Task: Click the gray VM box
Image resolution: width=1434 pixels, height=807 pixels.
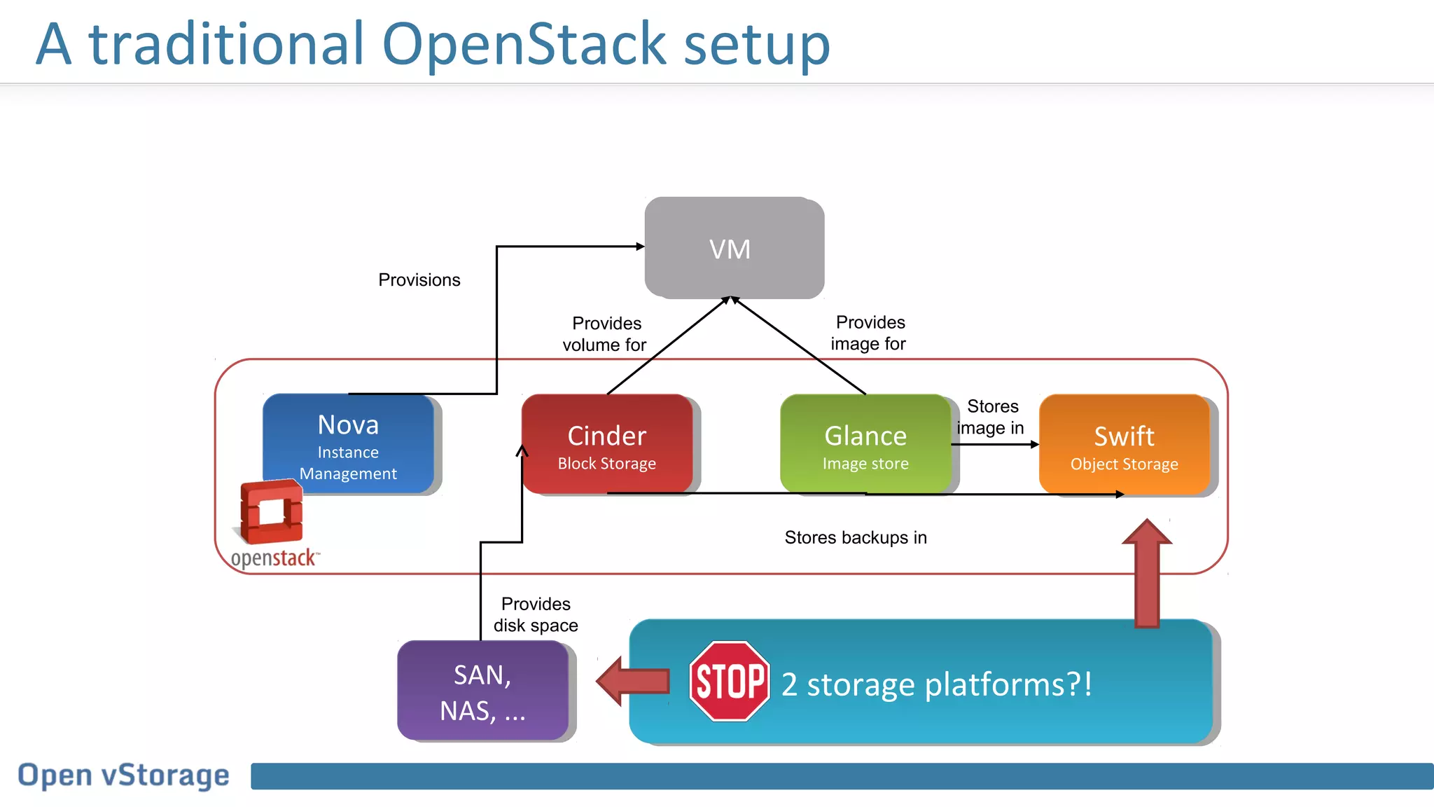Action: coord(733,248)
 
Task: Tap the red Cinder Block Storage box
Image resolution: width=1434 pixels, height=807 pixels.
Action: coord(606,445)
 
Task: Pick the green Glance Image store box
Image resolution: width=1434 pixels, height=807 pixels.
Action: coord(865,445)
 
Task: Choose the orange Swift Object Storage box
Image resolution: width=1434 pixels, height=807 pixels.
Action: coord(1124,446)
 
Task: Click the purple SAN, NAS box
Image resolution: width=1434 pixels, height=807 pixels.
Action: coord(482,691)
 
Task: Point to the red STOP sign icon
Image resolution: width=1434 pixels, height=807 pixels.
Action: coord(729,681)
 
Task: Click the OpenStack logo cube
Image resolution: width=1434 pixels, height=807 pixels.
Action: coord(272,511)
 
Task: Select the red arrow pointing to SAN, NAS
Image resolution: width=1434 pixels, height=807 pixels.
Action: coord(632,681)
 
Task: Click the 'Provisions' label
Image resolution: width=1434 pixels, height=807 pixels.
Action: coord(419,280)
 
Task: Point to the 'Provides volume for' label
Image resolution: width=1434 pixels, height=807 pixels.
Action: coord(605,334)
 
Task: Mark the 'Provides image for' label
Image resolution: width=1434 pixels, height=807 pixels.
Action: coord(868,333)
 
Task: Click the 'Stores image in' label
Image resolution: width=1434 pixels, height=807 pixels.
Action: coord(991,417)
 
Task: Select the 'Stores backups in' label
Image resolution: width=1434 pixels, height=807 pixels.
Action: coord(855,537)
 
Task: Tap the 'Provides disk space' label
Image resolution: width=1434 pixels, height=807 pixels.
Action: coord(536,614)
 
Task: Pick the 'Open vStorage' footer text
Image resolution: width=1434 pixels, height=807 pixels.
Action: coord(123,775)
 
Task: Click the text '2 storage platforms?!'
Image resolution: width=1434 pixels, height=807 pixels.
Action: coord(936,684)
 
